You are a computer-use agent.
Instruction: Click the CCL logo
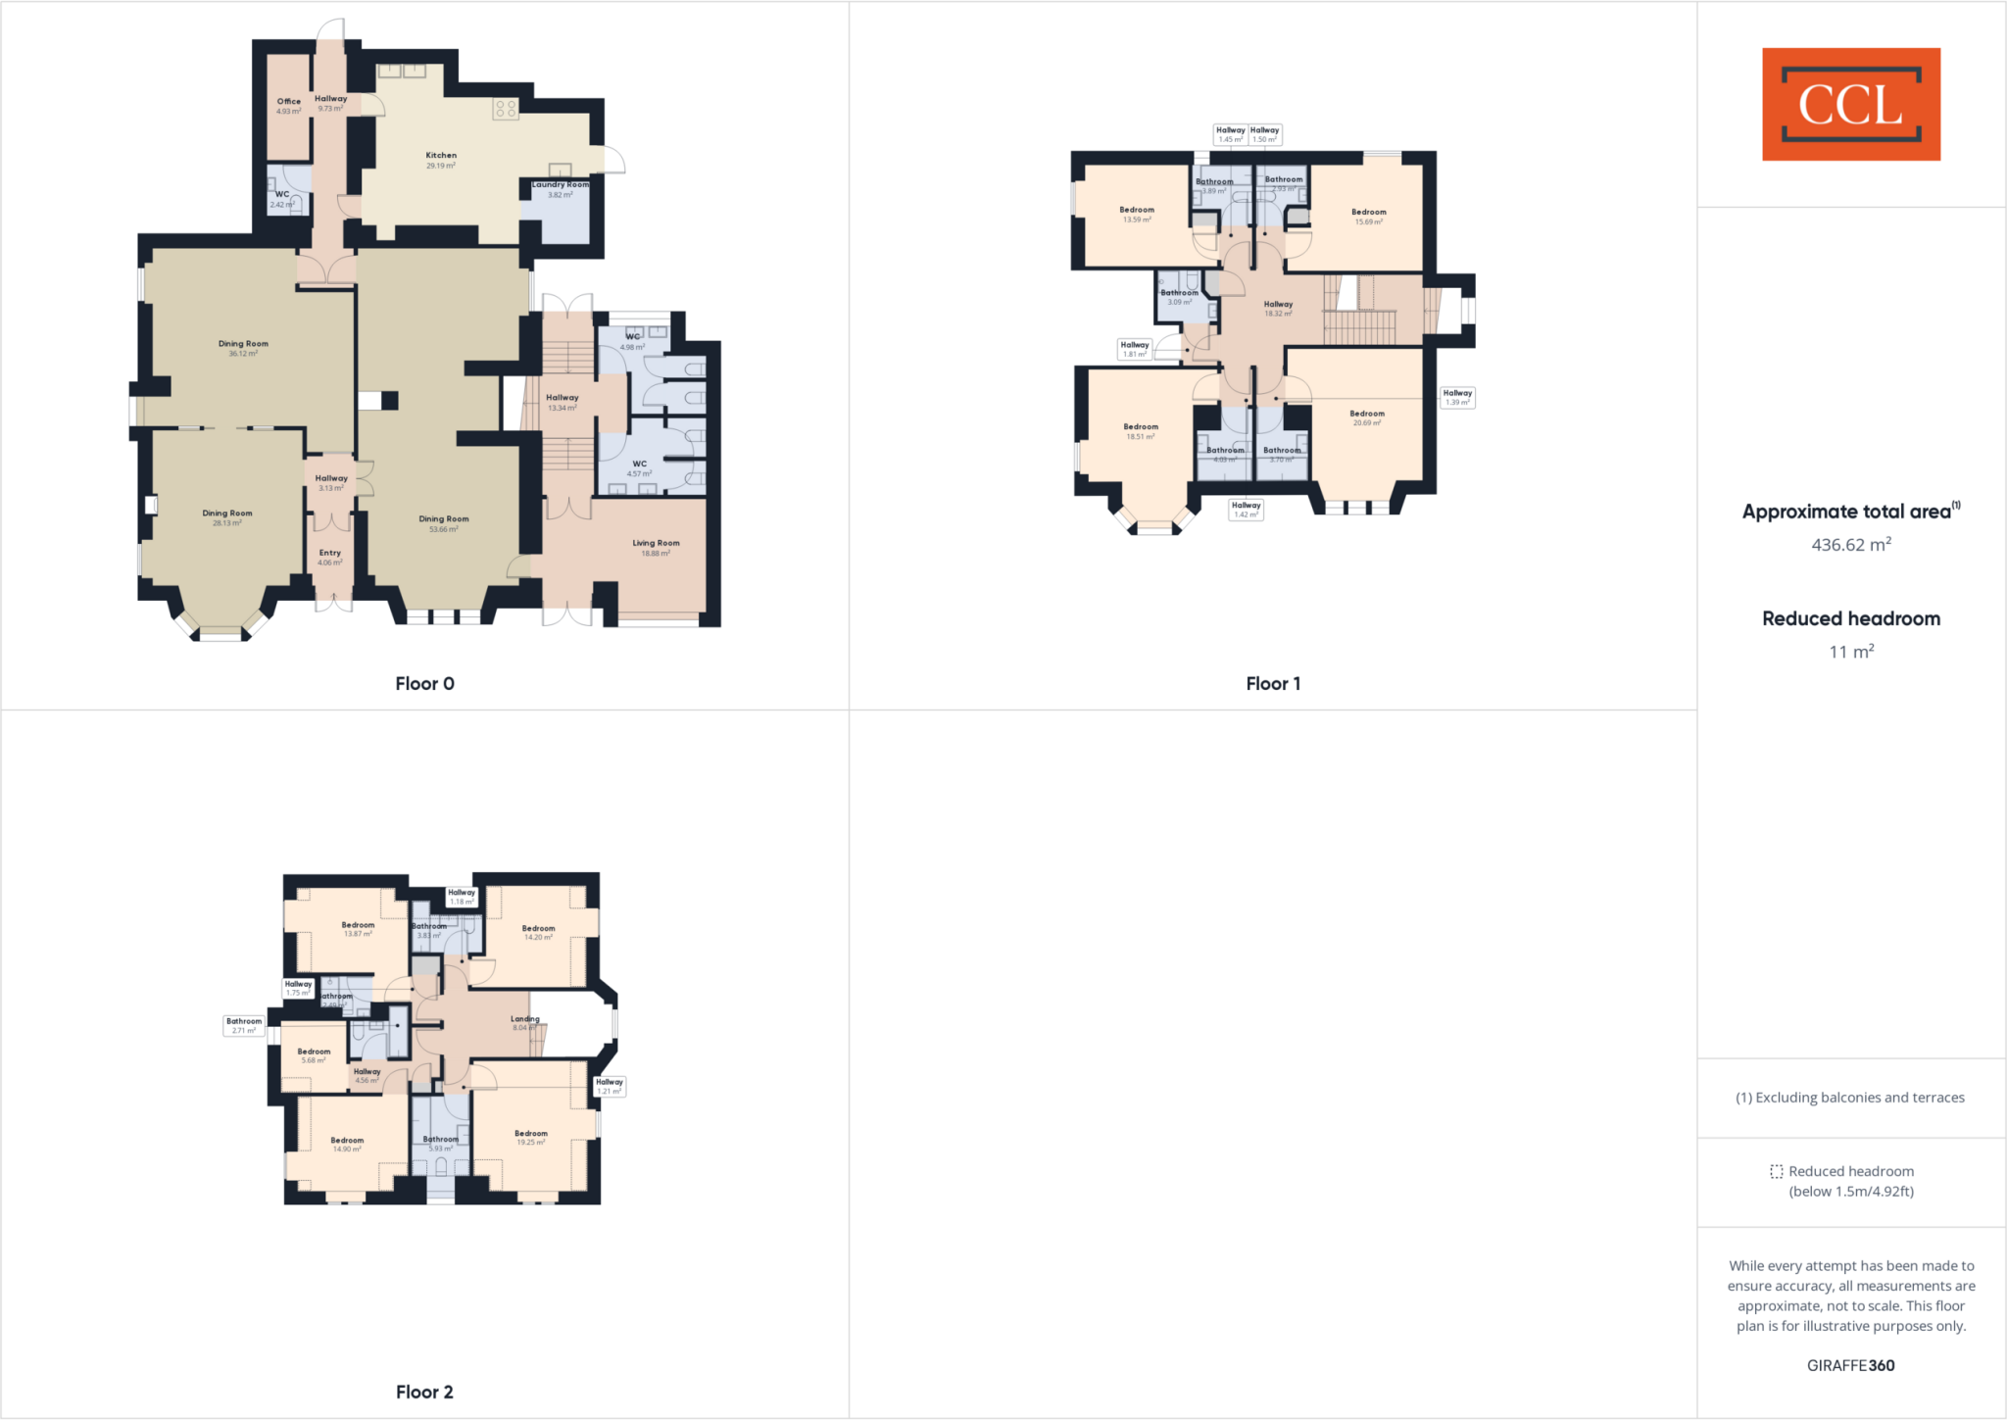click(1850, 104)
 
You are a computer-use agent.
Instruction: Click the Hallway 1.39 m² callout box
click(1457, 397)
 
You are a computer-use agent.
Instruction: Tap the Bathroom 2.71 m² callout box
click(244, 1025)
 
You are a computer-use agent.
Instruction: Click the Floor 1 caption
click(1273, 683)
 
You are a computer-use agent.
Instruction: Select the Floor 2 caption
click(424, 1392)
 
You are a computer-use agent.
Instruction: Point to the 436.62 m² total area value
click(1850, 545)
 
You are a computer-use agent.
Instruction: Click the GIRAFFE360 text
click(1850, 1365)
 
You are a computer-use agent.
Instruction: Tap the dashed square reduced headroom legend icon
click(1776, 1171)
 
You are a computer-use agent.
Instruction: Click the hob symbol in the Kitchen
click(506, 109)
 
